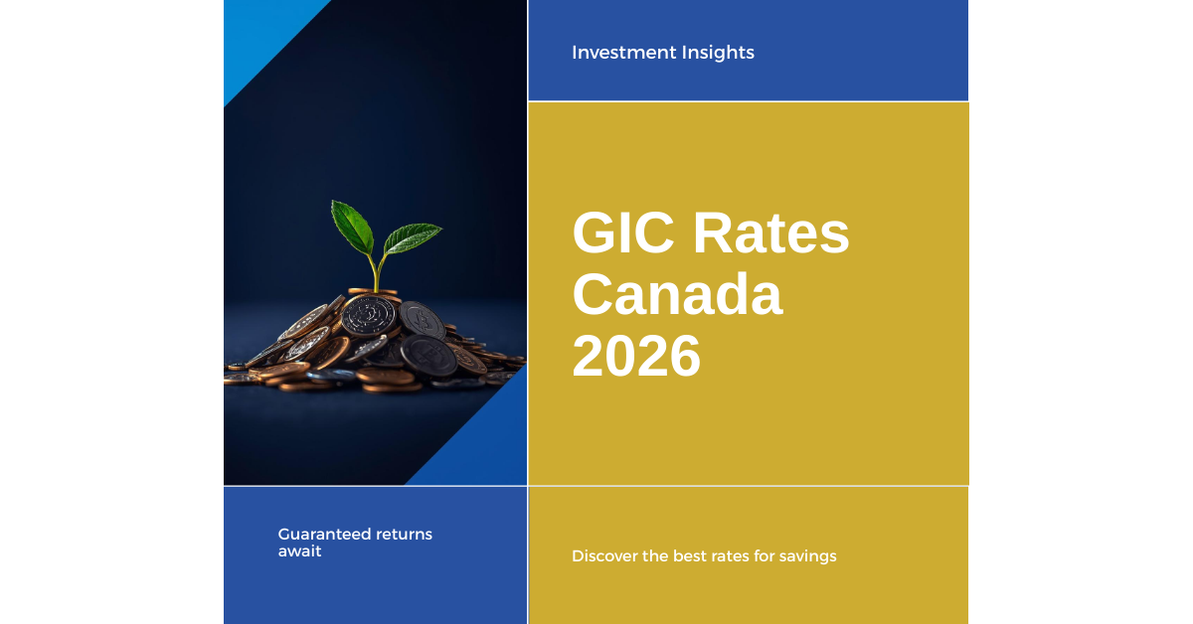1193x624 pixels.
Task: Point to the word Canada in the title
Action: coord(677,296)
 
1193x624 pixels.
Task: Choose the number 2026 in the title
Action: coord(636,357)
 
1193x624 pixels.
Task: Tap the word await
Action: coord(299,550)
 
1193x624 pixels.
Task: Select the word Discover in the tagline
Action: coord(604,556)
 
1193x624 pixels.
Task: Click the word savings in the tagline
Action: coord(808,556)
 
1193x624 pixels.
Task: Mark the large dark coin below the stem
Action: coord(369,316)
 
